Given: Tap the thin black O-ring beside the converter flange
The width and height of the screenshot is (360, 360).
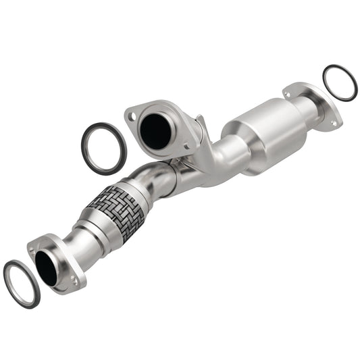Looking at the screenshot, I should click(340, 82).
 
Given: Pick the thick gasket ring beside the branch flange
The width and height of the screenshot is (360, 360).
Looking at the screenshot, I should click(104, 148).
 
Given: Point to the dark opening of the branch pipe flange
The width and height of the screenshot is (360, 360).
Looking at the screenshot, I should click(157, 131).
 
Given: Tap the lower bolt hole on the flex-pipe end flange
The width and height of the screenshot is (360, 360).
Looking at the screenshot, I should click(74, 278).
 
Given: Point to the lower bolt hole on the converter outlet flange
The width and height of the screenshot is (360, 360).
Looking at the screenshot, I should click(332, 123).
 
